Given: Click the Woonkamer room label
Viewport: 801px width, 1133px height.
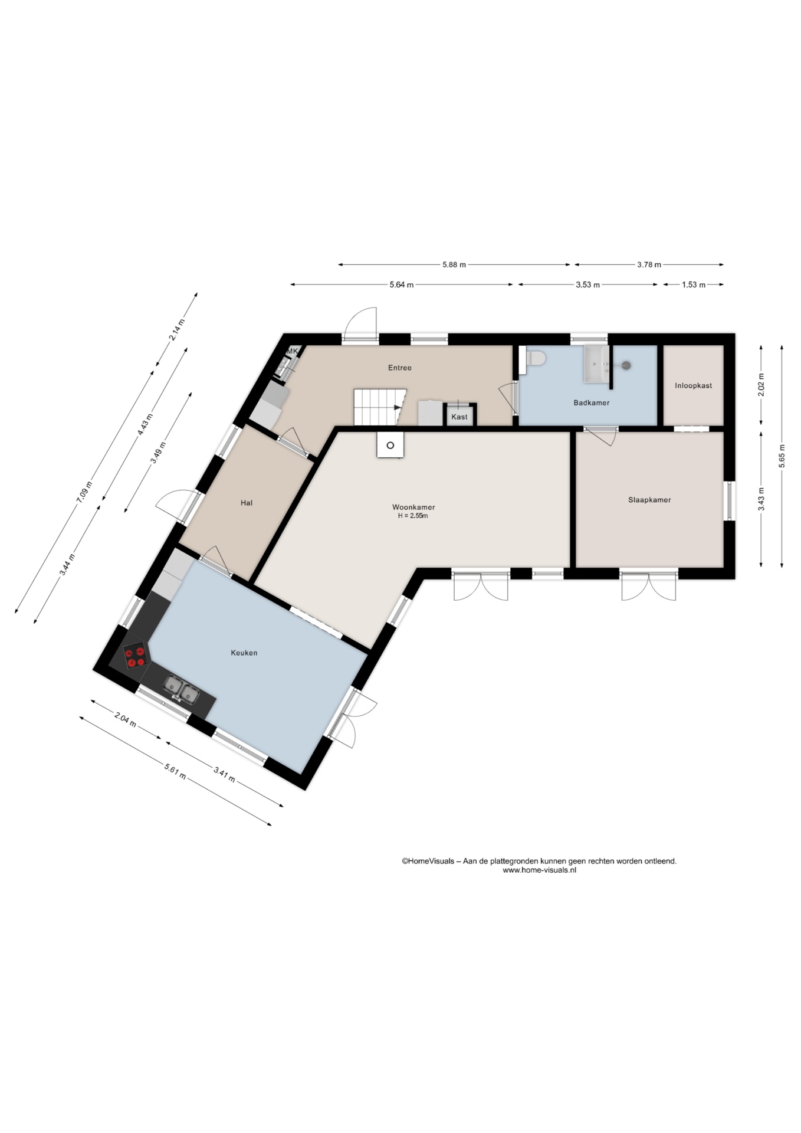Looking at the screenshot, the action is [x=413, y=507].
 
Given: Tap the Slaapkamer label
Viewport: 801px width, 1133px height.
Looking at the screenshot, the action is [x=649, y=500].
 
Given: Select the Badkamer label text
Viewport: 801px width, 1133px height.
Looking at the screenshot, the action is [x=592, y=402].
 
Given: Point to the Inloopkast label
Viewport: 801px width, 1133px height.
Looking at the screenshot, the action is [x=694, y=385].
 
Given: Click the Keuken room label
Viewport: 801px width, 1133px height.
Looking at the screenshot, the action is [x=244, y=653].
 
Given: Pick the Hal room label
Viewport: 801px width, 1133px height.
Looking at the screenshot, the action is [x=247, y=503].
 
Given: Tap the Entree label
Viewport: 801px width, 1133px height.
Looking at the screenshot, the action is [x=400, y=368].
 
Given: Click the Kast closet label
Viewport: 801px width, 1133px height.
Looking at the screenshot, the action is [x=459, y=417].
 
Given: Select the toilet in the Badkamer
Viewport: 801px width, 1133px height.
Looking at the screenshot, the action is [x=536, y=358].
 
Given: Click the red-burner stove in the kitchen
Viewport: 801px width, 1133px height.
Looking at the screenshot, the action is [x=136, y=656].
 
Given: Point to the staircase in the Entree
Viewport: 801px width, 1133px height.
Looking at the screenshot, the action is [x=380, y=407].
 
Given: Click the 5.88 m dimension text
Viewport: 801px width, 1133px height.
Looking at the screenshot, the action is [x=454, y=265].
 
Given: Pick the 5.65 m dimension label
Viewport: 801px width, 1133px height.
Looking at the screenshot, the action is [x=782, y=456].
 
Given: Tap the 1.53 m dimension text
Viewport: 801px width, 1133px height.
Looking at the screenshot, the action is [x=694, y=285].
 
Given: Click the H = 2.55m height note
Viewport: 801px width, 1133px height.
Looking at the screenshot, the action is [x=413, y=516].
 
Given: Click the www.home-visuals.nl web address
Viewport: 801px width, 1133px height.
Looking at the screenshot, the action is [x=539, y=870].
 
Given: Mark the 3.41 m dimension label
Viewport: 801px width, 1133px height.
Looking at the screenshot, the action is [x=225, y=774].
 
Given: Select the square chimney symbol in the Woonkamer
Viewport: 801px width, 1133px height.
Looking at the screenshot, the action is [x=390, y=445].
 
